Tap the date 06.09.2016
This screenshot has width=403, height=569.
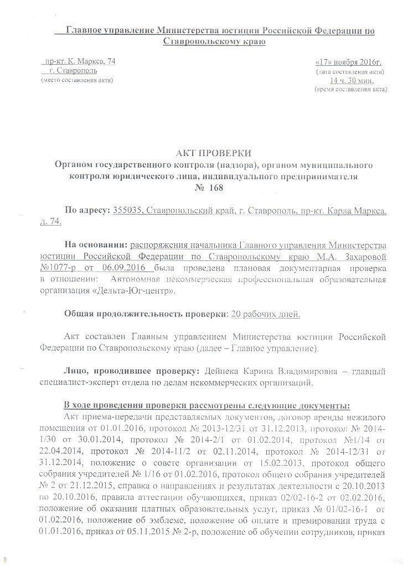point(133,268)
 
